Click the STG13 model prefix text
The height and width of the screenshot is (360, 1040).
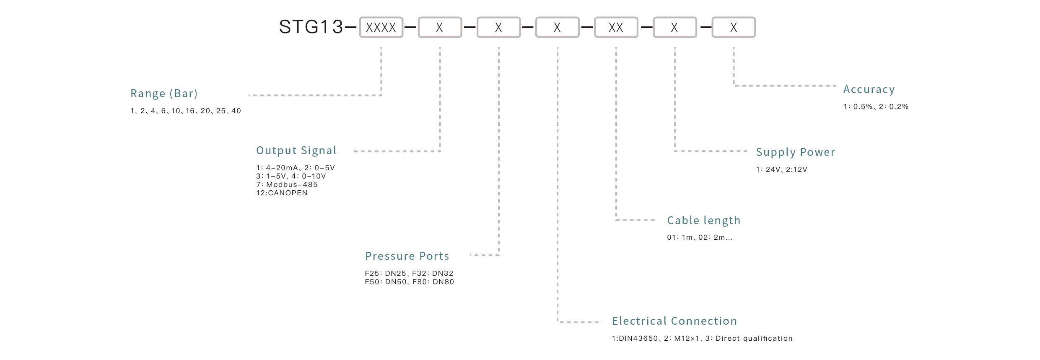coord(311,27)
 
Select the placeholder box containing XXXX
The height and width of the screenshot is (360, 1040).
coord(381,28)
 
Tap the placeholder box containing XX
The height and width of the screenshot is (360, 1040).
coord(615,28)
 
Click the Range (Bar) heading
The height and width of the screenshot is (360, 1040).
coord(164,93)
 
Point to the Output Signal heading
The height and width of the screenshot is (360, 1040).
coord(296,150)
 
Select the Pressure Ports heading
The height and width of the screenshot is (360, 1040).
coord(407,256)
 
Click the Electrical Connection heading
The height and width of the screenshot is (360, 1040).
coord(674,321)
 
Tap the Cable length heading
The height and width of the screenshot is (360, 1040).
coord(703,220)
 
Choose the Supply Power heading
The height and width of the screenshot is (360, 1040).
coord(795,152)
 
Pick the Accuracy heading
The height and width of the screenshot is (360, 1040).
coord(869,89)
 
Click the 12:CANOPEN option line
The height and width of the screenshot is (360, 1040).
coord(282,193)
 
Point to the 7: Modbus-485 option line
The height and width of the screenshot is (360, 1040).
coord(287,185)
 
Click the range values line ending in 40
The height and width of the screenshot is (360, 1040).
coord(185,111)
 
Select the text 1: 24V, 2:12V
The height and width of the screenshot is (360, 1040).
coord(781,170)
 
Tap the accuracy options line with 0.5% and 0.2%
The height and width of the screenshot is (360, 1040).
coord(875,107)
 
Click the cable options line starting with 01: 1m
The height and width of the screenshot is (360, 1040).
coord(699,238)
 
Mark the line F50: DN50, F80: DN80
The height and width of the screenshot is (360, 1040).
coord(409,282)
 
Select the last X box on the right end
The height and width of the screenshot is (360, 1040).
coord(733,28)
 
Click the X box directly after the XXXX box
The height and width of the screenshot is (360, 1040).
coord(439,28)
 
